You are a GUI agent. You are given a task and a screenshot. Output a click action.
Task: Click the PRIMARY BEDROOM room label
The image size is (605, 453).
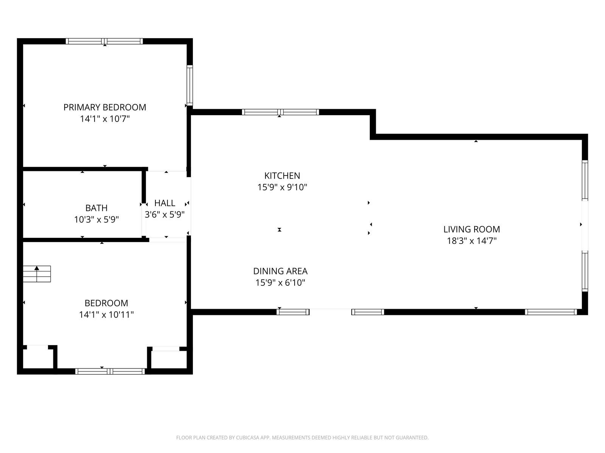105,107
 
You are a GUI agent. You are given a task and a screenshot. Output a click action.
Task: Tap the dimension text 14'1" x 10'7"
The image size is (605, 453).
105,119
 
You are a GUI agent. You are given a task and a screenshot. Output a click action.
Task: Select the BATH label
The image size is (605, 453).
96,208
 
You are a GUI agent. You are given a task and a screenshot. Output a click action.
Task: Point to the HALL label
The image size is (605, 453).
164,203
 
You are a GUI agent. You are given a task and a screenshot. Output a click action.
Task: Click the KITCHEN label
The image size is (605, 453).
282,176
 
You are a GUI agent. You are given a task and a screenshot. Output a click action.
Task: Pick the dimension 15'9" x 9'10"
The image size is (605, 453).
282,187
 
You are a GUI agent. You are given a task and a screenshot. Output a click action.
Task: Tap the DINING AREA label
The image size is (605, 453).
280,271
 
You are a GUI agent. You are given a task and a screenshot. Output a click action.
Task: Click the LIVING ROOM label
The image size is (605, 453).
471,229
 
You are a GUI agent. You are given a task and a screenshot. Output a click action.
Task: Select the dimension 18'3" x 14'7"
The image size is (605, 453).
471,241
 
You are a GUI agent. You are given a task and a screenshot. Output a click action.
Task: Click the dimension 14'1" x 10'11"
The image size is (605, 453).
106,314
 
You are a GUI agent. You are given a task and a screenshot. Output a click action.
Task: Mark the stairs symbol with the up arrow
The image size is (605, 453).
37,274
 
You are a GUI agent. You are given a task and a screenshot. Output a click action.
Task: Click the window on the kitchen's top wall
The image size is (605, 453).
280,112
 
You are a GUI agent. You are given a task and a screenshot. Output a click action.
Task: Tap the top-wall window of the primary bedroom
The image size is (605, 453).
104,41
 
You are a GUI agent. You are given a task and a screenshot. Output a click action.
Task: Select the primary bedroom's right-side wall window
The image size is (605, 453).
190,85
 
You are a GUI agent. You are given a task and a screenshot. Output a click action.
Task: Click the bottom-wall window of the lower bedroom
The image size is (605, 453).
110,371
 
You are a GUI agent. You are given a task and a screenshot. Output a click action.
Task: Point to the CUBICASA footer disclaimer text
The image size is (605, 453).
302,437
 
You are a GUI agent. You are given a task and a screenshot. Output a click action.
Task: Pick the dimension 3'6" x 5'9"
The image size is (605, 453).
164,214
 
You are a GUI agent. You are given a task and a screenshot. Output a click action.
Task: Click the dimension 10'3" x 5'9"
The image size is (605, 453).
96,219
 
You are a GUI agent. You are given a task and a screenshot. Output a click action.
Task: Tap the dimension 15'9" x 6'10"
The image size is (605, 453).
280,282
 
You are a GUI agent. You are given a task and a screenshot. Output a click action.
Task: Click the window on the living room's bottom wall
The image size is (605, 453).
551,312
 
